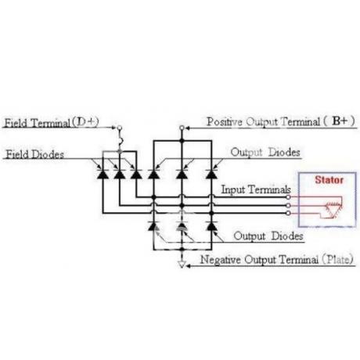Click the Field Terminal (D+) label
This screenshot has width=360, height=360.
(x=52, y=122)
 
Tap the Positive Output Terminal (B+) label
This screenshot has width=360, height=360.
(x=281, y=121)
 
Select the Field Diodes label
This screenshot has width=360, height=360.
(x=34, y=154)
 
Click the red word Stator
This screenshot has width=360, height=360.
(x=329, y=180)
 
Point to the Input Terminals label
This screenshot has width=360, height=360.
(x=256, y=189)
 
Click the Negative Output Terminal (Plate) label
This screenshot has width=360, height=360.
(x=276, y=260)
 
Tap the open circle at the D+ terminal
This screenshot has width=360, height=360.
(x=120, y=128)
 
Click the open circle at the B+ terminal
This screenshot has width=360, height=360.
(x=182, y=128)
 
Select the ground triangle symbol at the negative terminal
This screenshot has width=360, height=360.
(x=182, y=265)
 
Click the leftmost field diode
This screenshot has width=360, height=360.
(x=103, y=174)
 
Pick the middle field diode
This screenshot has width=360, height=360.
(x=120, y=174)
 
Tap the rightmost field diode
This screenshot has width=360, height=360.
(x=136, y=174)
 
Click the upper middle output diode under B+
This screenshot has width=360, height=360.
(x=182, y=174)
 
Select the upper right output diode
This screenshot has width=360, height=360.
(x=211, y=174)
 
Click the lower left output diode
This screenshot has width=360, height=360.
(x=153, y=226)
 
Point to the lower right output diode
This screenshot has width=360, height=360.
(x=211, y=226)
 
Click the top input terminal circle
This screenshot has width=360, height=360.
(x=288, y=197)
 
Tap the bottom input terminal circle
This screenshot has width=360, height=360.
(x=288, y=213)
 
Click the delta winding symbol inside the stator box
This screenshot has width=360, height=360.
(x=333, y=210)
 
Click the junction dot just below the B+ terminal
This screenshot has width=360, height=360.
(x=182, y=141)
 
